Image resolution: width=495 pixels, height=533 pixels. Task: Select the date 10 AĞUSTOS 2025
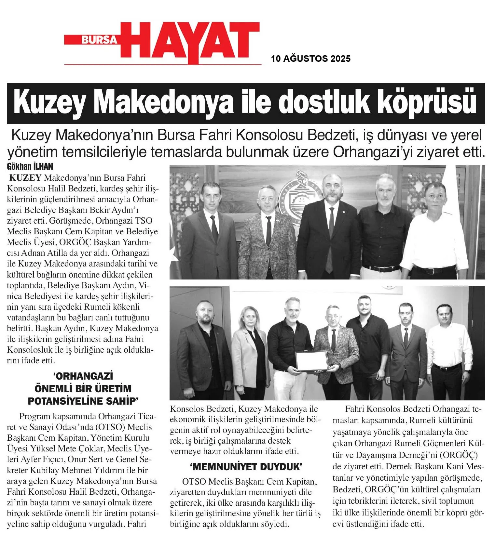[x=310, y=59]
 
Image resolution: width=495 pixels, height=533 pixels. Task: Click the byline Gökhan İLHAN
[x=30, y=167]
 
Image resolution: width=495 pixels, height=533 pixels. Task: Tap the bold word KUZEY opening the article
[x=25, y=178]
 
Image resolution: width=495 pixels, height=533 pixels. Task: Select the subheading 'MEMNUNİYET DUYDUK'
[x=246, y=467]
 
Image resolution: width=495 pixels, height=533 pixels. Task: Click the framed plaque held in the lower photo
[x=312, y=361]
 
